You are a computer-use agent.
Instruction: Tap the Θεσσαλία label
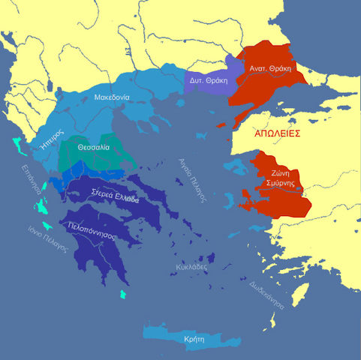coord(94,148)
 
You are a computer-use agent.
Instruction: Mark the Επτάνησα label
coord(31,180)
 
